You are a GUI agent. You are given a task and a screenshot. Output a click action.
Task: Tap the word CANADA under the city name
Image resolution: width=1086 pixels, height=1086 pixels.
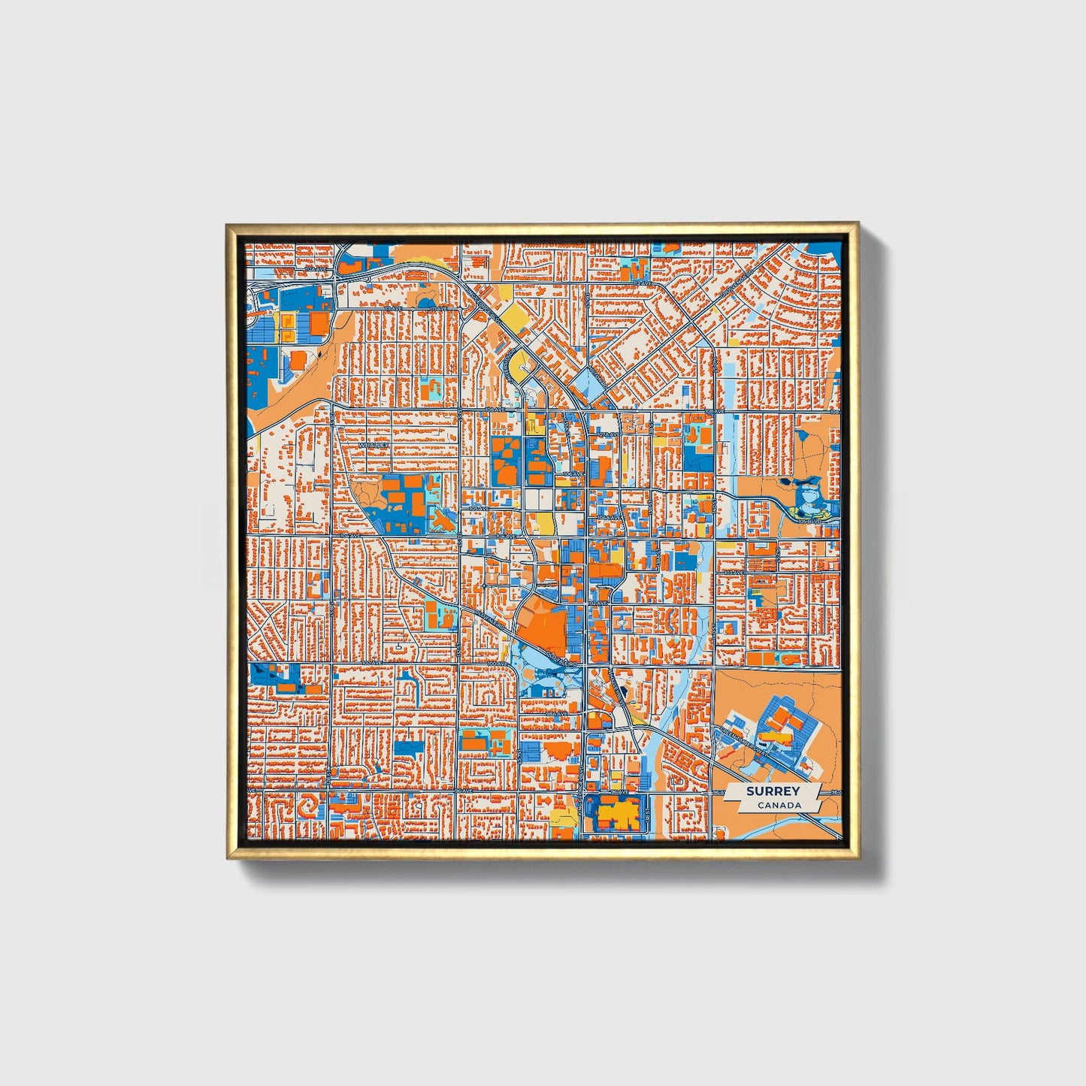(x=779, y=805)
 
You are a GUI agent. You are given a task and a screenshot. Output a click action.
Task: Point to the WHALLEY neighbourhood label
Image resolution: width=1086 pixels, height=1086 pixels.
(x=374, y=445)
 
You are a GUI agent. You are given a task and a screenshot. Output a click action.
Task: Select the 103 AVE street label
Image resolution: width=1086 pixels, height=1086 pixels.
(x=733, y=573)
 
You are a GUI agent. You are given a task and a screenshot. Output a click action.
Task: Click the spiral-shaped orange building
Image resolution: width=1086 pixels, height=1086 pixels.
(x=307, y=808)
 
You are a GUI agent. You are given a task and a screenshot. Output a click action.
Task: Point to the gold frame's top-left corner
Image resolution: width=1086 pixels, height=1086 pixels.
(x=228, y=225)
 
